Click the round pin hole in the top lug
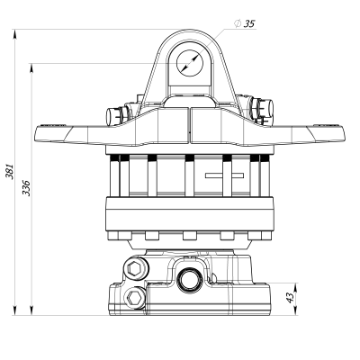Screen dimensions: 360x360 point(190,61)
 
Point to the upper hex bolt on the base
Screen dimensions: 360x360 point(136,267)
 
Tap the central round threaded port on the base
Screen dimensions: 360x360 point(190,278)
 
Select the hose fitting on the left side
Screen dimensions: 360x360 point(114,114)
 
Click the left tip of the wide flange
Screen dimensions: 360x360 point(38,135)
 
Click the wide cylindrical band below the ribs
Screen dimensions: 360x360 point(190,214)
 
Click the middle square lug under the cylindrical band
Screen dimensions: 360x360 point(190,236)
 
